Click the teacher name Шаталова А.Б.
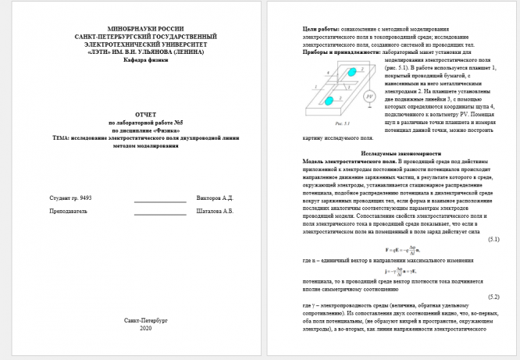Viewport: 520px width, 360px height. [x=216, y=212]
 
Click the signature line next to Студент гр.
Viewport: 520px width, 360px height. [x=159, y=201]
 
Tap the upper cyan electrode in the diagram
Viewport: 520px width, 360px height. [x=351, y=71]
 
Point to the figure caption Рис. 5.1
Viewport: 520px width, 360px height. [x=340, y=123]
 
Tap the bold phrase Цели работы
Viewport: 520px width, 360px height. [x=304, y=28]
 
